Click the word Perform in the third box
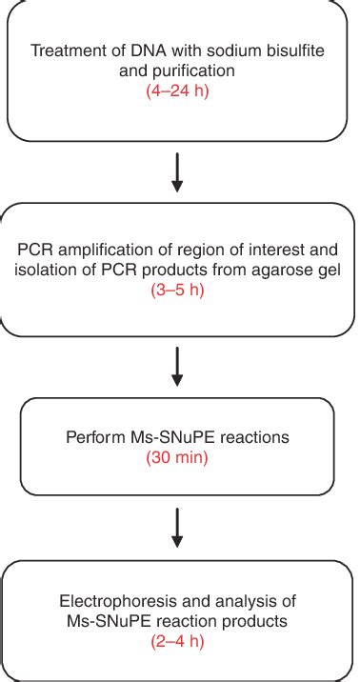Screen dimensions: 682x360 pyautogui.click(x=91, y=438)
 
